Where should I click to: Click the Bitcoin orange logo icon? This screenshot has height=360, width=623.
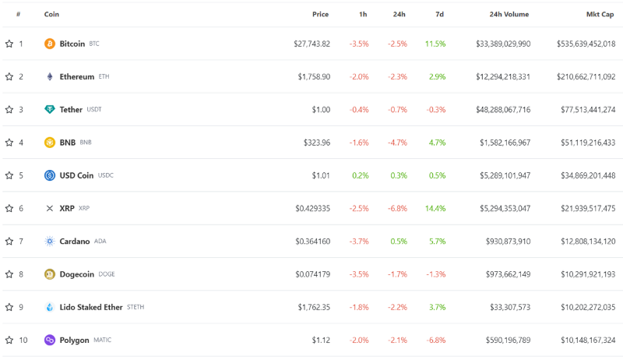(50, 44)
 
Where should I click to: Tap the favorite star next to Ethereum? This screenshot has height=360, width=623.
(9, 76)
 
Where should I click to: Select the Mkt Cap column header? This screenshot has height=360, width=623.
(600, 14)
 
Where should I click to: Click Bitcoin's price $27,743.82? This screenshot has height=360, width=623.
(311, 44)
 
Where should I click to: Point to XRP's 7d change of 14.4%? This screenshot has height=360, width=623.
(435, 208)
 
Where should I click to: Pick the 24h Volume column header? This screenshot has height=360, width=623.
(509, 14)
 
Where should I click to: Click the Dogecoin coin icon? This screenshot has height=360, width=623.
(50, 274)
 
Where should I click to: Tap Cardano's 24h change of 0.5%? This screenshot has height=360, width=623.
(399, 242)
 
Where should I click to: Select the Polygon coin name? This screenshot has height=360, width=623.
(74, 340)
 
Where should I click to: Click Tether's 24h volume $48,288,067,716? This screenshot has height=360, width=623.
(503, 110)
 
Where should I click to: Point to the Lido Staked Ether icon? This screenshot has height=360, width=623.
(50, 307)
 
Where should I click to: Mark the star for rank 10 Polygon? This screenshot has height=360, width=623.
(9, 340)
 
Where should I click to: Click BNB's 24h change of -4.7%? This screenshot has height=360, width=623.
(397, 143)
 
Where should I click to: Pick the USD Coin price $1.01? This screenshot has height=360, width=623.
(321, 175)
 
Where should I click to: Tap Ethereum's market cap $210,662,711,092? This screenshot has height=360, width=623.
(586, 76)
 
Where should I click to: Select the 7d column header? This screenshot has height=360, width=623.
(441, 14)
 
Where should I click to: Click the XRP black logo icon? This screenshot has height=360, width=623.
(50, 208)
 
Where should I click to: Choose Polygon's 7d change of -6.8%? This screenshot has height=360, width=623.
(435, 340)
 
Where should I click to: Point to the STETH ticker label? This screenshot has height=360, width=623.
(136, 307)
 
